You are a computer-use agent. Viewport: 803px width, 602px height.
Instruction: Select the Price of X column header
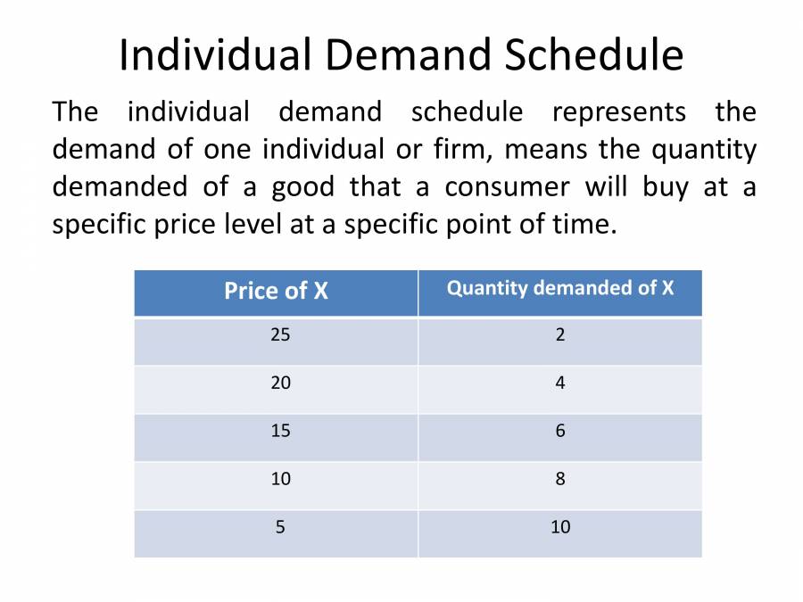(276, 291)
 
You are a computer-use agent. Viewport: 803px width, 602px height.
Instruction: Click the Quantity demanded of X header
(560, 288)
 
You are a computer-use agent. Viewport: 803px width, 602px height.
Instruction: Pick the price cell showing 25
(280, 335)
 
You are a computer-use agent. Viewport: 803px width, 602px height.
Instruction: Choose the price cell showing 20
(280, 383)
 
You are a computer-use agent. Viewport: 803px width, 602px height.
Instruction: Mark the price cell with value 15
(280, 431)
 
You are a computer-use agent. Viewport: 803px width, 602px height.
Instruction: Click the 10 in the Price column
(280, 479)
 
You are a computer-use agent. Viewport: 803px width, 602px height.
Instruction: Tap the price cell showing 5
(280, 527)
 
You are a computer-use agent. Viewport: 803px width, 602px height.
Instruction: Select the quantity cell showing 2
(560, 335)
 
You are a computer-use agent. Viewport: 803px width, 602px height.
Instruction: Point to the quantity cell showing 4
(560, 383)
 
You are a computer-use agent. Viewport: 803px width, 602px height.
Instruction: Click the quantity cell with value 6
(560, 431)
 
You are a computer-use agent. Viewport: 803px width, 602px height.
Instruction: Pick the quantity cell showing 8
(560, 479)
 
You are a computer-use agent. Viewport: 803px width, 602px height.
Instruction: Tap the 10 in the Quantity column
(560, 527)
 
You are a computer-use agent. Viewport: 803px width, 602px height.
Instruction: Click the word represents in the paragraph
(619, 113)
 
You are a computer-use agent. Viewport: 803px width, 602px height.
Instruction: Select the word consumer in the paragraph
(507, 187)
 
